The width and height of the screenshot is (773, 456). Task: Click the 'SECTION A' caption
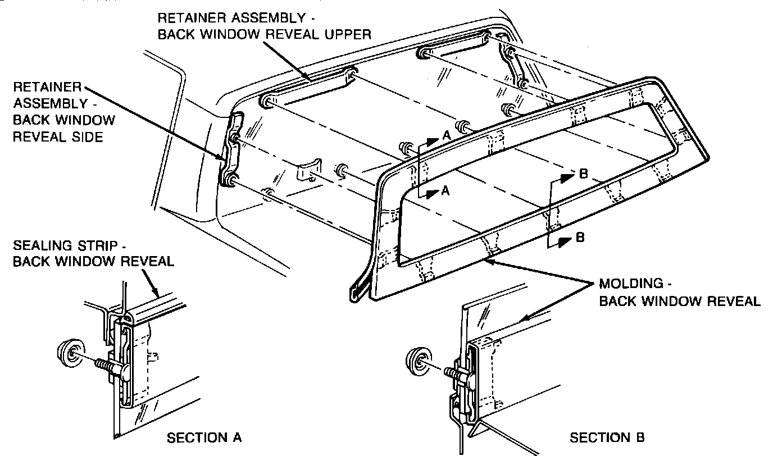(204, 437)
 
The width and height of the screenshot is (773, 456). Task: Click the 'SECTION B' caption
(607, 437)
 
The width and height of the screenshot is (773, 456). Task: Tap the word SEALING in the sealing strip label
(39, 246)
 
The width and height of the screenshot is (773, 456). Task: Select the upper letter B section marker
(583, 174)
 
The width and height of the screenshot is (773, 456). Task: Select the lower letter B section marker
(580, 238)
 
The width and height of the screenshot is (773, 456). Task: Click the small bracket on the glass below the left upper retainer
(308, 170)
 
